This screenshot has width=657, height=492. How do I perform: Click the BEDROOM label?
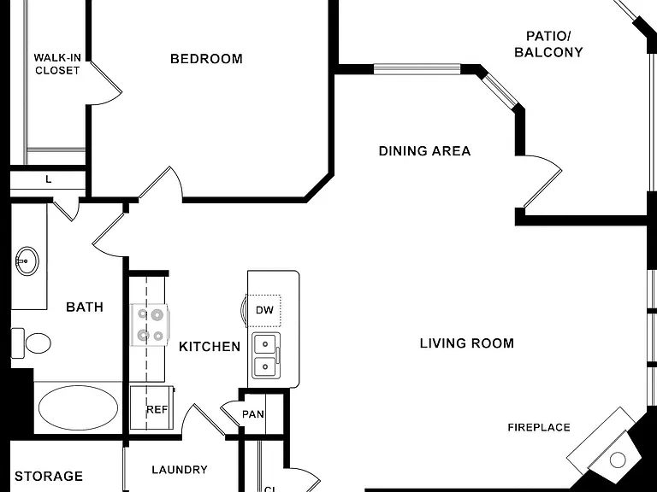coord(206,59)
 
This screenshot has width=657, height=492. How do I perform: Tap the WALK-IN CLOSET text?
coord(57,64)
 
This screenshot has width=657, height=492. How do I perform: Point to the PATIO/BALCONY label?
coord(548,44)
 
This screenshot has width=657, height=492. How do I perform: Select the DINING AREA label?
coord(424,151)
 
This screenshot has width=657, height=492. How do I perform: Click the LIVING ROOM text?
coord(467,343)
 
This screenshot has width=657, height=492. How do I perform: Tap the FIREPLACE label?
coord(539,428)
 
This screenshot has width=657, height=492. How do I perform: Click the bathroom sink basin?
coord(27,261)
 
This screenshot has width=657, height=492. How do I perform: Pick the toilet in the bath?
coord(31,343)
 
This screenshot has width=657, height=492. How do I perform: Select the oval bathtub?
coord(79,408)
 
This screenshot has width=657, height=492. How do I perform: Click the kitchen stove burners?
coord(151,325)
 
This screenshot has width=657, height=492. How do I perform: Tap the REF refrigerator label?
coord(157,410)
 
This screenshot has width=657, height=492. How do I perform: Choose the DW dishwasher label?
coord(264,310)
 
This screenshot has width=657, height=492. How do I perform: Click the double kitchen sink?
coord(266,355)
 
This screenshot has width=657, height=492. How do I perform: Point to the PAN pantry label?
coord(253,414)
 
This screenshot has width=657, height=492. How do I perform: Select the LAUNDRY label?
coord(180,470)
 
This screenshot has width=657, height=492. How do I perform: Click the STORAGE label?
coord(49,476)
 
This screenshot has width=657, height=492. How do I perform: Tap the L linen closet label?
coord(49,179)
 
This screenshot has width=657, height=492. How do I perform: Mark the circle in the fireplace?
coord(618,460)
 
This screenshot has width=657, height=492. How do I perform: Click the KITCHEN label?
coord(210,347)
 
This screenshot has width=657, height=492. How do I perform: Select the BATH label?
coord(85,307)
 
